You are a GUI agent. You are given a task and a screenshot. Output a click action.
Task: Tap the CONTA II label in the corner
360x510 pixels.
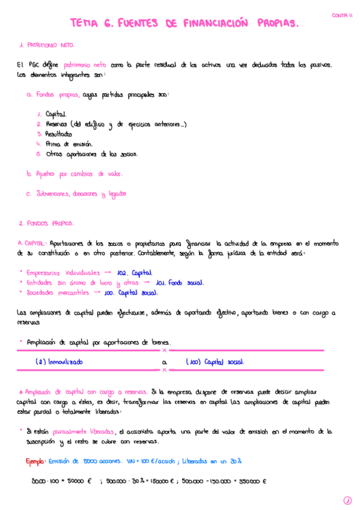[x=343, y=16]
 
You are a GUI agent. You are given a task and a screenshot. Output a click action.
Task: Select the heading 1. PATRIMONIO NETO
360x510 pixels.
[x=47, y=45]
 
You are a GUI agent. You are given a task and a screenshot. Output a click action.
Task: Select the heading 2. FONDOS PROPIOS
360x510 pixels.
[x=46, y=224]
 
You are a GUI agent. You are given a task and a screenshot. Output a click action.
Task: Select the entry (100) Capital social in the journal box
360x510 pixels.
[x=215, y=363]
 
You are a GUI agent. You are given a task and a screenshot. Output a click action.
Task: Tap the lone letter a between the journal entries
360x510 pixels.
[x=164, y=363]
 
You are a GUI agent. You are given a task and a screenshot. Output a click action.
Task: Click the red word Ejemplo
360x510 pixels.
[x=35, y=461]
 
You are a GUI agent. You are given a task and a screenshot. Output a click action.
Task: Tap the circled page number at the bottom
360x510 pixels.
[x=347, y=500]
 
